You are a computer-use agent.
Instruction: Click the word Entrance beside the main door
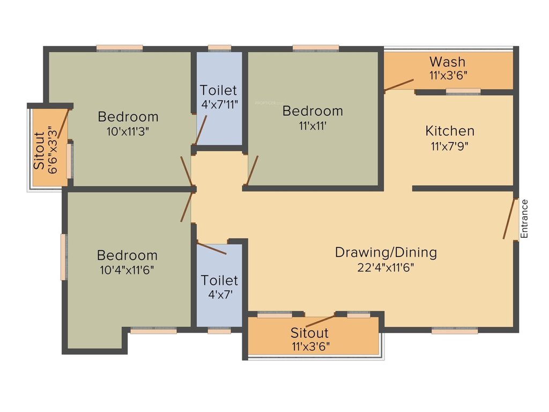point(525,219)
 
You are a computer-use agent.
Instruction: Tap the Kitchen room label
point(450,130)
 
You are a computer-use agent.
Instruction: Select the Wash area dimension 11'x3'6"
point(448,76)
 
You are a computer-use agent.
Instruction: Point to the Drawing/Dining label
point(386,252)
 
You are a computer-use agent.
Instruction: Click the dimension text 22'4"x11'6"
point(386,267)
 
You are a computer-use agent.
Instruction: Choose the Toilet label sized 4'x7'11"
point(219,90)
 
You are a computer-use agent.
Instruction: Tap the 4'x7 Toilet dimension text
point(219,295)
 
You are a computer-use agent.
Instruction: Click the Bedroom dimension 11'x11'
point(313,126)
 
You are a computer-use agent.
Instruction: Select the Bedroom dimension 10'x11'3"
point(128,131)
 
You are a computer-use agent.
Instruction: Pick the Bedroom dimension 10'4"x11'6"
point(127,270)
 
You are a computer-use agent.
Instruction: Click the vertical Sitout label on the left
point(40,151)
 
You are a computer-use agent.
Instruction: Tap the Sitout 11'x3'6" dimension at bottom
point(310,346)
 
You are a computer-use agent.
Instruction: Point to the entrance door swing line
point(508,219)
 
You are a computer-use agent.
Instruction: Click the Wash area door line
point(399,85)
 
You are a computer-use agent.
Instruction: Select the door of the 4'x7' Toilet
point(212,249)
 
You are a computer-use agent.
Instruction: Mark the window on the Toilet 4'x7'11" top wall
point(219,48)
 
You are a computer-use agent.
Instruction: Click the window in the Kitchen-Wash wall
point(463,92)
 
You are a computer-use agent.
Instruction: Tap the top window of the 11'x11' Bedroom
point(316,48)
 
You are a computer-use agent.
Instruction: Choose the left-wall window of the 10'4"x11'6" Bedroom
point(64,256)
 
